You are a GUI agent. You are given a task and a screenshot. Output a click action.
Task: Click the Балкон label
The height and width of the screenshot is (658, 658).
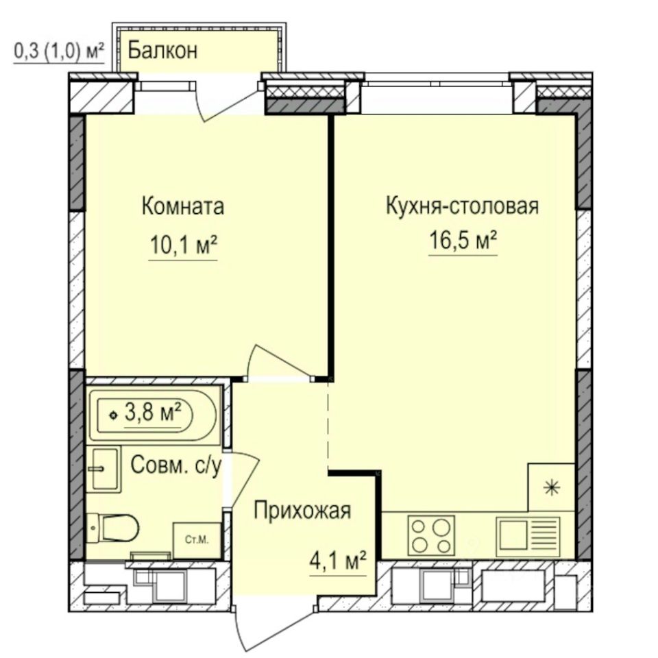[x=162, y=51]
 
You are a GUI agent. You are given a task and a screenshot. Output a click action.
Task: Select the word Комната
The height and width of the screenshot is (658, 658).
[x=183, y=206]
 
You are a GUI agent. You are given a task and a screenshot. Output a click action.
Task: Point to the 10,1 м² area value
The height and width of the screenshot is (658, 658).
[x=184, y=245]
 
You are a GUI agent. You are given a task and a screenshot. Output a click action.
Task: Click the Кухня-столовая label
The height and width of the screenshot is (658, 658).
[x=462, y=206]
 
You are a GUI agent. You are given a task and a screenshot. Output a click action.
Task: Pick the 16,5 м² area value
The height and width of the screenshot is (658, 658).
[x=463, y=240]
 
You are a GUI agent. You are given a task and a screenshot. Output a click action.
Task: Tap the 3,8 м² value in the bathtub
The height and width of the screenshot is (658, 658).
[x=153, y=413]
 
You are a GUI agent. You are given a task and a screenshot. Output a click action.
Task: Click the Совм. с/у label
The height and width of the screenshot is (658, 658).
[x=176, y=465]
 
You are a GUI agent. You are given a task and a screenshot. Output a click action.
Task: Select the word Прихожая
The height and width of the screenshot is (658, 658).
[x=302, y=511]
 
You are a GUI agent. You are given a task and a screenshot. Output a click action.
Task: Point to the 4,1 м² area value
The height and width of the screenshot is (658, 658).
[x=338, y=561]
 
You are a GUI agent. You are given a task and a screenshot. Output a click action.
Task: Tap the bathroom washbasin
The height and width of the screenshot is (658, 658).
[x=104, y=469]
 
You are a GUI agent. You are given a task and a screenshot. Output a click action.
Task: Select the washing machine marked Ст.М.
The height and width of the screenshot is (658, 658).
[x=197, y=541]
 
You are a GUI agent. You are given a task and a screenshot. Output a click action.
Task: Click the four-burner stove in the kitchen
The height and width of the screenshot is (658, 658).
[x=431, y=535]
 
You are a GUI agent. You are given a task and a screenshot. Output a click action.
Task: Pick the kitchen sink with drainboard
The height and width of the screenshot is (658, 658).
[x=528, y=536]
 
